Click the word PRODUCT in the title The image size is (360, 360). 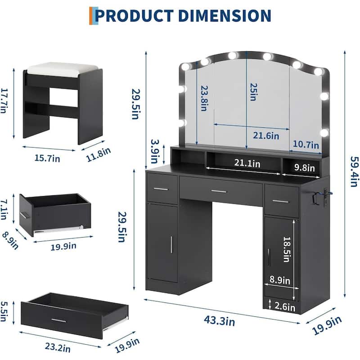click(x=134, y=16)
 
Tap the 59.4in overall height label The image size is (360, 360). click(x=354, y=171)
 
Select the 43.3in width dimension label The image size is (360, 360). click(x=219, y=320)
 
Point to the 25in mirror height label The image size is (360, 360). click(x=253, y=92)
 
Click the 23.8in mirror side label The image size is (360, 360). click(x=204, y=98)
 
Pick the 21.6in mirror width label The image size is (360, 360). click(x=266, y=135)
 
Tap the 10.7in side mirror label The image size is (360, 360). click(x=306, y=144)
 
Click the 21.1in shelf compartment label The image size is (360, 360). click(x=247, y=163)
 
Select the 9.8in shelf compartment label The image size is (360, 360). click(x=305, y=167)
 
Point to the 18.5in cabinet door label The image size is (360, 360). click(x=287, y=249)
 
